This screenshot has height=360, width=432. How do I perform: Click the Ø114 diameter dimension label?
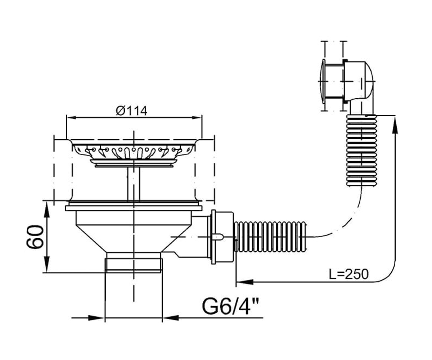132,111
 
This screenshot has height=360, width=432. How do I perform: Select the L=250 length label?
349,274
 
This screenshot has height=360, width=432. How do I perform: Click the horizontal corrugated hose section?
270,237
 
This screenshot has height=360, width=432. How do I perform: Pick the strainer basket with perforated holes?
134,153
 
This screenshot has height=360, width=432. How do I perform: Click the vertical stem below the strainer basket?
134,184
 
